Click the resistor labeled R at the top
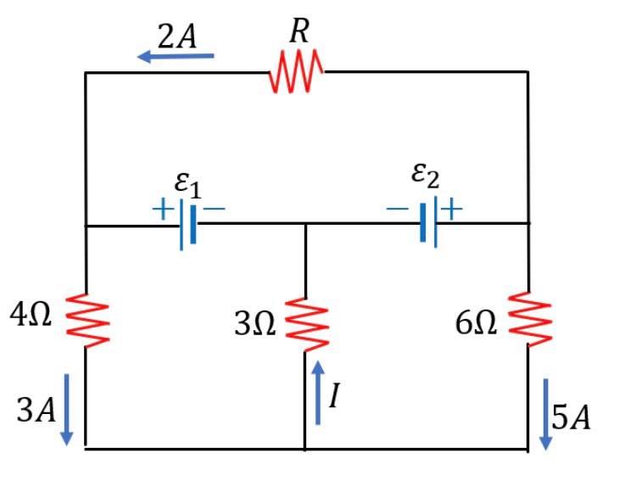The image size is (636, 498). [x=296, y=71]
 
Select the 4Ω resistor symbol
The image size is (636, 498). [x=86, y=320]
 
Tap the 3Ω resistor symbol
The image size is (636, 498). [x=306, y=323]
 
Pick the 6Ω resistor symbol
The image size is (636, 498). [x=529, y=320]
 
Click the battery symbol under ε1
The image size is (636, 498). [x=187, y=226]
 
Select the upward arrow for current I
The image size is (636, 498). [x=318, y=392]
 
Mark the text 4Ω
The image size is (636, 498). [x=31, y=317]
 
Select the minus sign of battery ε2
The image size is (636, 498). [x=396, y=209]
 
